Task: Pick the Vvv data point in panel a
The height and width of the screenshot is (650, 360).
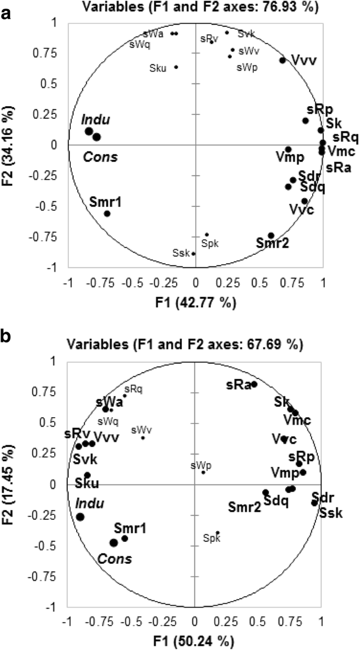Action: pyautogui.click(x=283, y=60)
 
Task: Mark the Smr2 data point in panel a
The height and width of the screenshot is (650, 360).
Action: pyautogui.click(x=271, y=235)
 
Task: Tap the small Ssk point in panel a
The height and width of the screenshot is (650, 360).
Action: pyautogui.click(x=194, y=254)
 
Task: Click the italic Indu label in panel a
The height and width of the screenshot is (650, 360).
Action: pyautogui.click(x=96, y=119)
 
